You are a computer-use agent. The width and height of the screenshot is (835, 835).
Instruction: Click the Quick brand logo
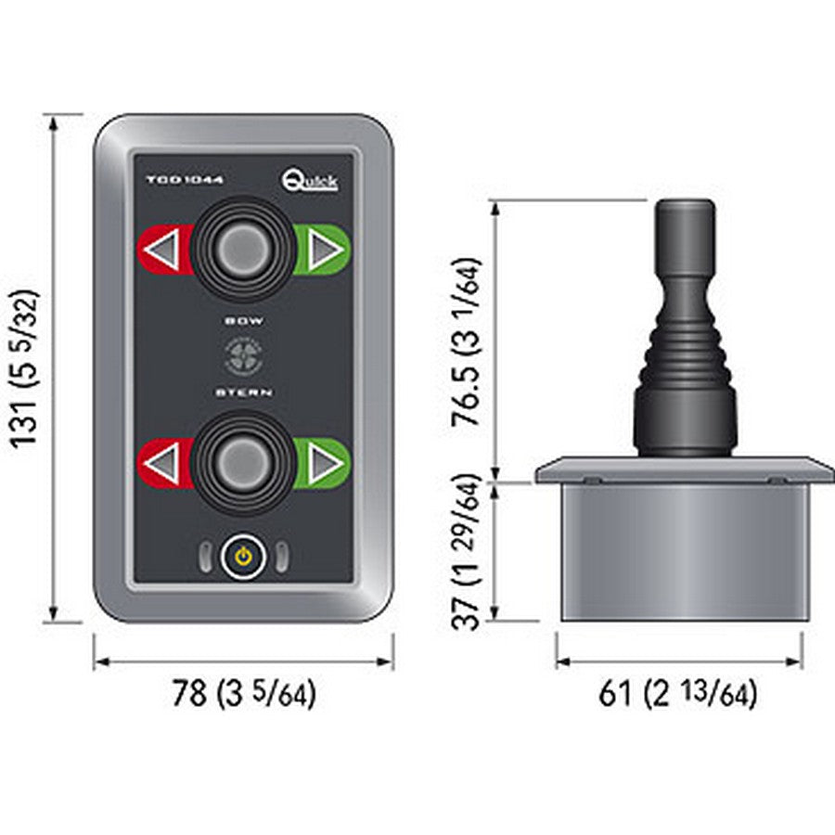pyautogui.click(x=310, y=178)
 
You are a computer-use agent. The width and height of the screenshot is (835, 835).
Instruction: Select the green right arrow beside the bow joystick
pyautogui.click(x=323, y=250)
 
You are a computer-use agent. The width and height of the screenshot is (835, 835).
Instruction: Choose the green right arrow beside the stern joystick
pyautogui.click(x=323, y=462)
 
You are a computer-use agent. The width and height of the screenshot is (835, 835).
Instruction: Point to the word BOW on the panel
pyautogui.click(x=244, y=320)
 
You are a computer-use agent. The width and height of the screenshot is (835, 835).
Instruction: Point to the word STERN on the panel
pyautogui.click(x=244, y=392)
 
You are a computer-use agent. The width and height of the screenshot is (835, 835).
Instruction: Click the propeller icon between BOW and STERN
pyautogui.click(x=244, y=356)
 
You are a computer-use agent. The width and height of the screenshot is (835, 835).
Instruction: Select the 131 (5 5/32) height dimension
pyautogui.click(x=29, y=367)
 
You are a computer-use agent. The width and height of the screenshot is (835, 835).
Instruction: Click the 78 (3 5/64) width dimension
pyautogui.click(x=244, y=694)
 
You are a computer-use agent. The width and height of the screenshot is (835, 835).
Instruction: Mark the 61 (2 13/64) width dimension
pyautogui.click(x=677, y=694)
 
